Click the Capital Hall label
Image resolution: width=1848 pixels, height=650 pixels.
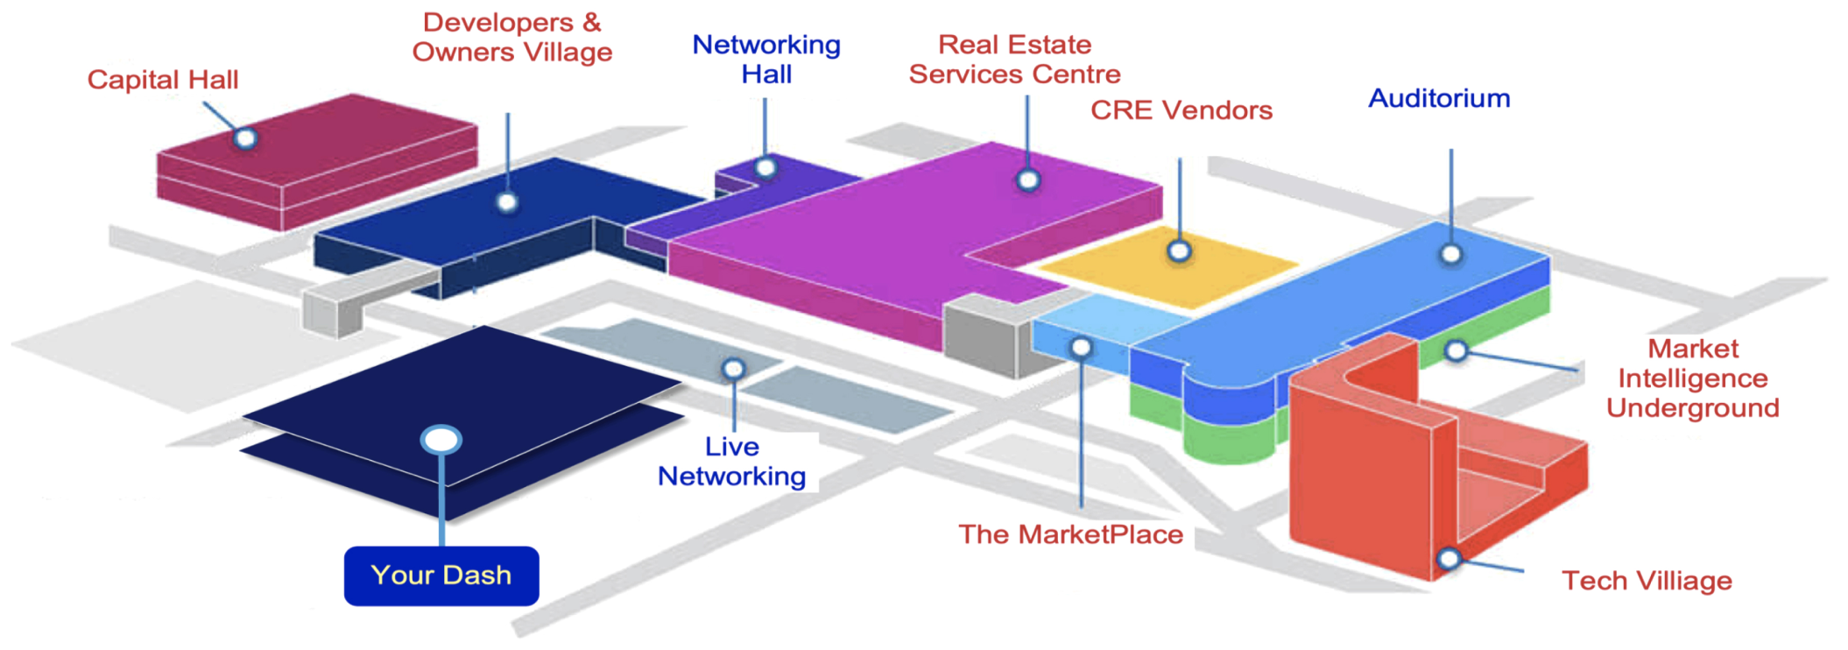(163, 80)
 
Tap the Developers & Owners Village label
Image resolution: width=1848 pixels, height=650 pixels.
(512, 38)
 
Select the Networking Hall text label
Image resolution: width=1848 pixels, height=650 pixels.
(766, 60)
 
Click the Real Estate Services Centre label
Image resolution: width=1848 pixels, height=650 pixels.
(1014, 60)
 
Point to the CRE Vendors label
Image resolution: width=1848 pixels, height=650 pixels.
(1181, 110)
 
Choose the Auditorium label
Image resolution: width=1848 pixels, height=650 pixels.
(1439, 98)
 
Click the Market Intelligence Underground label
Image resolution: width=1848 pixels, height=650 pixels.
(1692, 378)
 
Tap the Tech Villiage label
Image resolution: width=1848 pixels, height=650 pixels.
(1647, 581)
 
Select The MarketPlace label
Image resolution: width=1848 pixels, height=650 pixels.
(1070, 534)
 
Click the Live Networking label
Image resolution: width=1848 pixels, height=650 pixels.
(732, 462)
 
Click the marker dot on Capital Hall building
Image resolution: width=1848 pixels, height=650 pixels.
(246, 138)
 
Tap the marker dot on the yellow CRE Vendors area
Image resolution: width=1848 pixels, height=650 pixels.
(1180, 252)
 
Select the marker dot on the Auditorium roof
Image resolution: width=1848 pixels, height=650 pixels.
(1451, 254)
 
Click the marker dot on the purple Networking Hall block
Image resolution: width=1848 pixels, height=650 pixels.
(765, 167)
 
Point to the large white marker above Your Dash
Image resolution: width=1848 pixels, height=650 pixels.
(441, 440)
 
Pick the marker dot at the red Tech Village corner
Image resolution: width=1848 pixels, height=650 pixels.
(1449, 558)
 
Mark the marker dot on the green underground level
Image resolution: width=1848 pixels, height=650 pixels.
(1456, 351)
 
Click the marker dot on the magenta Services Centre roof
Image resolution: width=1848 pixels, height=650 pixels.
(1028, 180)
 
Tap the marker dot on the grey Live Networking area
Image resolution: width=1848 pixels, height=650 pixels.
(734, 370)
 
